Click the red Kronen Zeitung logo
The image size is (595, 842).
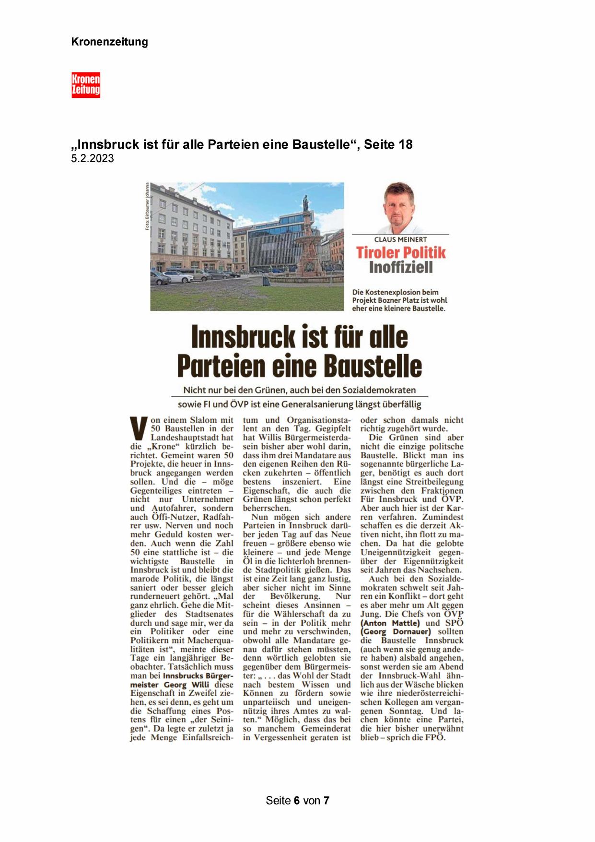pyautogui.click(x=86, y=85)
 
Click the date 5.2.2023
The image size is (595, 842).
pyautogui.click(x=93, y=159)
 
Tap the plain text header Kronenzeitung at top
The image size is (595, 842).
pyautogui.click(x=109, y=42)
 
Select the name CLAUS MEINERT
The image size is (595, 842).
pyautogui.click(x=400, y=239)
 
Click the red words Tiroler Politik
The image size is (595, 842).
pyautogui.click(x=400, y=252)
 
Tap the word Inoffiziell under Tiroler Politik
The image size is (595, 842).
pyautogui.click(x=400, y=267)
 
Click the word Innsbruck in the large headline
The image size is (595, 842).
pyautogui.click(x=242, y=337)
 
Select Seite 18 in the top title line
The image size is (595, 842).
pyautogui.click(x=388, y=144)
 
